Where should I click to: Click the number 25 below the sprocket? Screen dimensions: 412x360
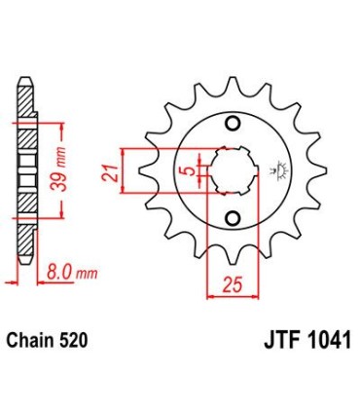click(x=230, y=285)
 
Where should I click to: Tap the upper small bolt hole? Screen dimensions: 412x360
click(x=233, y=123)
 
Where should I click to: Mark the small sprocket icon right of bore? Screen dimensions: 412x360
click(x=273, y=173)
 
